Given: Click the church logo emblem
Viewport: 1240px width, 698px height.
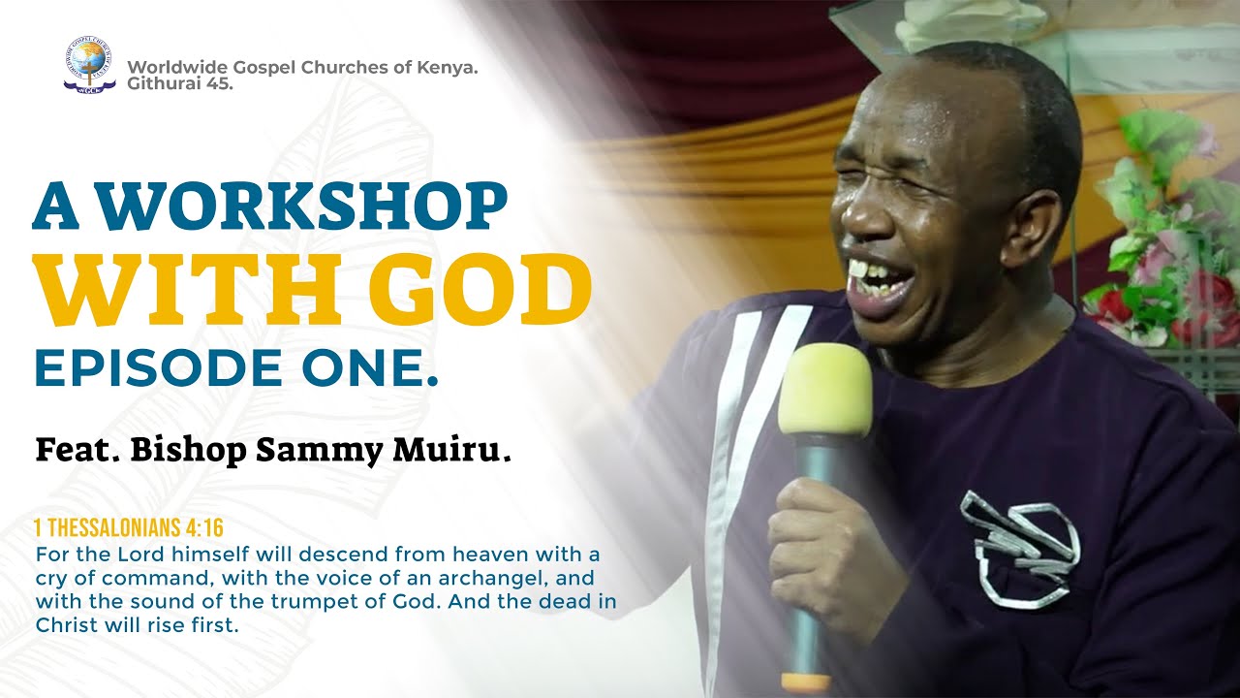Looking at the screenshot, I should click(89, 64).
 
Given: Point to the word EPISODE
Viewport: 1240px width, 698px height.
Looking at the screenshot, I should click(159, 367).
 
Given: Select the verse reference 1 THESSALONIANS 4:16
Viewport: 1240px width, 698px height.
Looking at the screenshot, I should click(129, 528).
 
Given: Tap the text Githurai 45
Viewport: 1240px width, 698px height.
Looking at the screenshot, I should click(180, 83).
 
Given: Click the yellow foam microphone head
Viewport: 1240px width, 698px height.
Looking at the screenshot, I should click(824, 389).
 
